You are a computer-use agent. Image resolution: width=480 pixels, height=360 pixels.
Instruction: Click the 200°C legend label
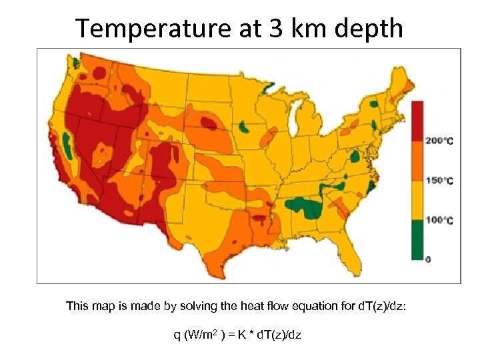[x=439, y=141]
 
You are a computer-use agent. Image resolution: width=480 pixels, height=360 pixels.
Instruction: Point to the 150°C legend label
[x=439, y=181]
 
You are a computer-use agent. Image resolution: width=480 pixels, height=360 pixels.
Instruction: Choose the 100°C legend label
[x=439, y=220]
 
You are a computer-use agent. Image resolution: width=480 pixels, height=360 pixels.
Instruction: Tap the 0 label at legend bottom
[x=428, y=258]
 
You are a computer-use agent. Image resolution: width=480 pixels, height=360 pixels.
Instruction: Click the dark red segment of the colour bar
[x=417, y=121]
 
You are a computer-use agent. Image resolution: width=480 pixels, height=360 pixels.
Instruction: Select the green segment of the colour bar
[x=417, y=239]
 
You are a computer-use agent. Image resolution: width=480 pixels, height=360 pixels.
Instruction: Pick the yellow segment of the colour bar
[x=417, y=200]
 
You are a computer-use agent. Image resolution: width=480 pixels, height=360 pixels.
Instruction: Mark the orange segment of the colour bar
[x=417, y=161]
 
